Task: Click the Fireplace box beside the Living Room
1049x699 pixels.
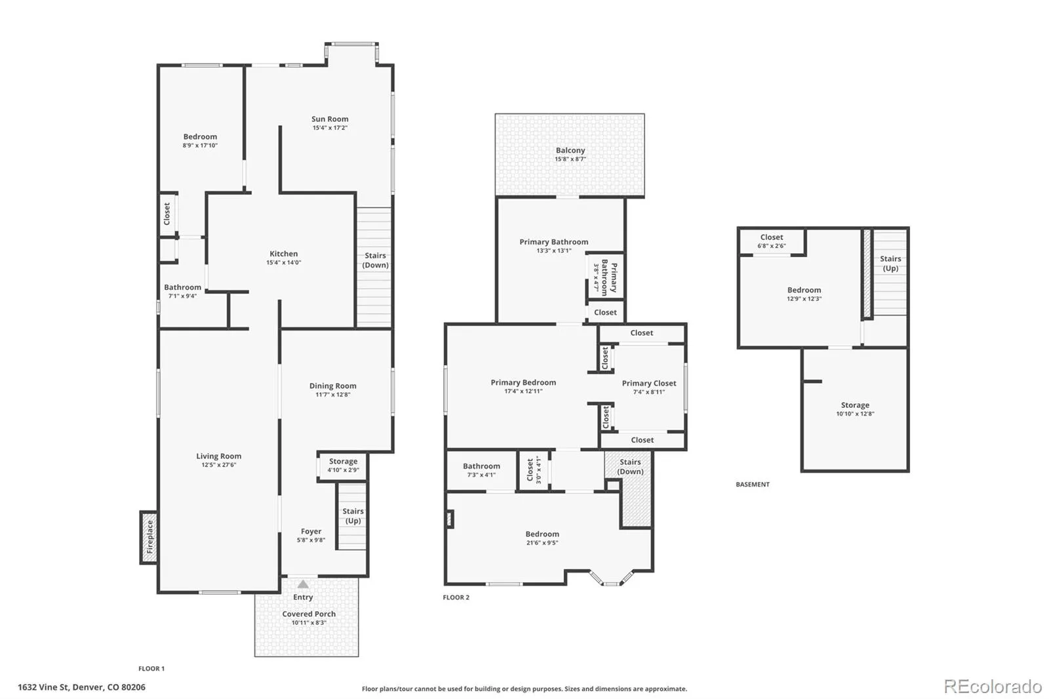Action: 148,537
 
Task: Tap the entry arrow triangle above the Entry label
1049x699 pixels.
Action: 303,584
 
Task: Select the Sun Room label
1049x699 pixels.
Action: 330,119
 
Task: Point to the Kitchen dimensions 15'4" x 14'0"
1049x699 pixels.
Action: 284,262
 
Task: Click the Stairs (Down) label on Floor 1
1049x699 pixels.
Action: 375,260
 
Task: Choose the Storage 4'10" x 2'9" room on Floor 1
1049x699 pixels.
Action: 343,466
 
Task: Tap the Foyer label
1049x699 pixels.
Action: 311,531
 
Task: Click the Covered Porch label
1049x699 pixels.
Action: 309,614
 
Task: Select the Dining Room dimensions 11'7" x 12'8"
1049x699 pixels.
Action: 332,395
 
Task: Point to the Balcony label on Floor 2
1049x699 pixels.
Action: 570,150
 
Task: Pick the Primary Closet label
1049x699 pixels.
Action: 649,383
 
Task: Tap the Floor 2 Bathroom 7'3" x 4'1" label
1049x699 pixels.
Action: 481,470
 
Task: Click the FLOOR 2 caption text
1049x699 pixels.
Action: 456,597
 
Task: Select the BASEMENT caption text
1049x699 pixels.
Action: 753,485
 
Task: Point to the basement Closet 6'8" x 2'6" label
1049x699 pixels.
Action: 772,241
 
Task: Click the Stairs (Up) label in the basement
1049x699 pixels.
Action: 890,264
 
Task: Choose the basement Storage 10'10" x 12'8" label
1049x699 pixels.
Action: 855,409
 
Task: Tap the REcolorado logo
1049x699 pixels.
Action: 993,687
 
